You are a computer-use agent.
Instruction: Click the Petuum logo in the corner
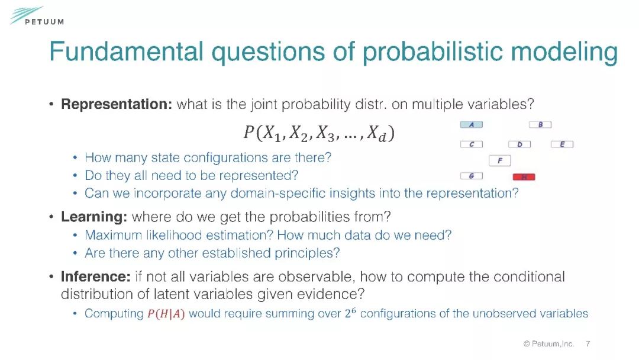coord(37,17)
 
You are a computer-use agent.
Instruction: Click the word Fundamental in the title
coord(127,52)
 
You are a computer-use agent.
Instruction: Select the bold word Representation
coord(117,104)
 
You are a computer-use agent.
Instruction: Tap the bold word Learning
coord(94,217)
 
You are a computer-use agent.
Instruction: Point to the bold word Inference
coord(96,277)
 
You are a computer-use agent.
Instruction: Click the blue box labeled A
coord(472,125)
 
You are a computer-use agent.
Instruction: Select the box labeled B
coord(540,125)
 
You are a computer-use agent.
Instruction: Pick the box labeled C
coord(472,144)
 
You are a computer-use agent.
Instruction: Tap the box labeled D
coord(519,144)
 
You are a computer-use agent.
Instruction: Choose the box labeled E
coord(562,144)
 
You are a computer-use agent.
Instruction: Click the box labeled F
coord(500,160)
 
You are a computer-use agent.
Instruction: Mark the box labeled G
coord(472,176)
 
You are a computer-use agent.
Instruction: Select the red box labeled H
coord(524,177)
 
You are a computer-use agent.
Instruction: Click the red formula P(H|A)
coord(166,314)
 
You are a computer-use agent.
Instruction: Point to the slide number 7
coord(588,343)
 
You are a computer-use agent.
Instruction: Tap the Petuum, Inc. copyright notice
coord(548,343)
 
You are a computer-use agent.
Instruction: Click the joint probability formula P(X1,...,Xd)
coord(319,133)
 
